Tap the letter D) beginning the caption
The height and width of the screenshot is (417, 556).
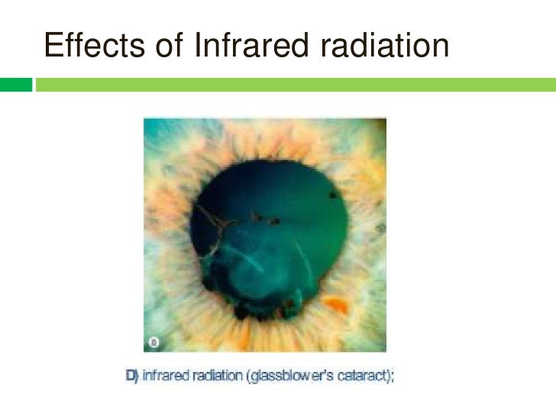131,376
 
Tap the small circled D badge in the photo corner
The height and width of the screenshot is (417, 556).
154,344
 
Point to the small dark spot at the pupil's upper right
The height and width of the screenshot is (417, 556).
333,196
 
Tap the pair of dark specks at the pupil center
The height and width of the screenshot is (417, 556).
267,221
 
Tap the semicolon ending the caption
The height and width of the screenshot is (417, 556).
392,376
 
